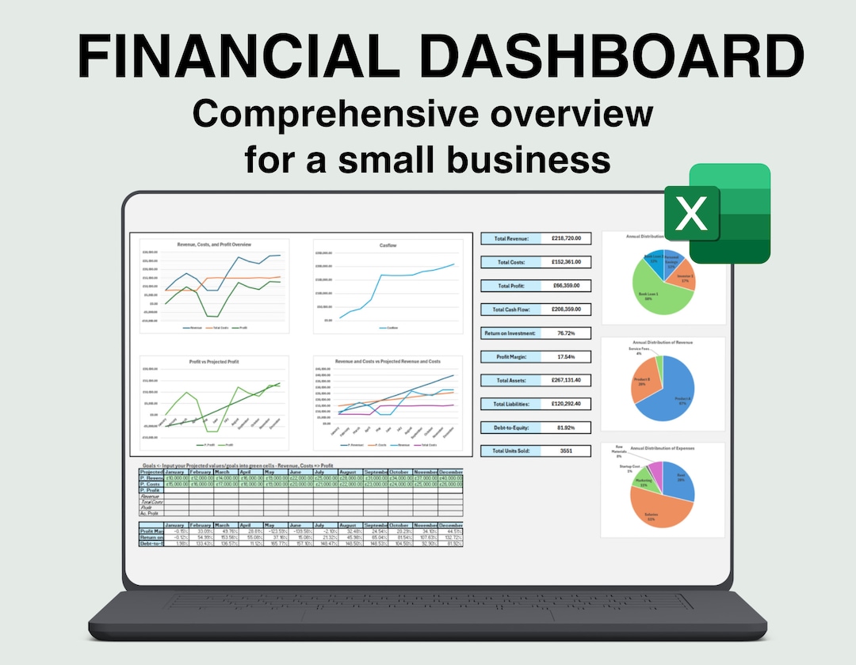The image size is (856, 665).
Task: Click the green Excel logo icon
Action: (717, 213)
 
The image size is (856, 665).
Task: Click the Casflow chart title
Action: (388, 246)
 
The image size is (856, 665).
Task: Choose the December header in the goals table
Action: (450, 471)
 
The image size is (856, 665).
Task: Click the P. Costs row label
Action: (151, 484)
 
